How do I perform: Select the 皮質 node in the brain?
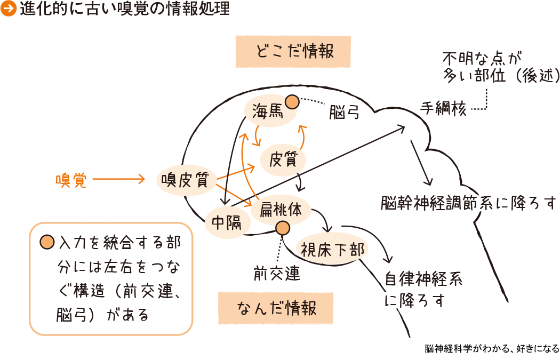point(283,159)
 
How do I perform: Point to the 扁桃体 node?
point(281,210)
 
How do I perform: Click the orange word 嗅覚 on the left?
point(70,180)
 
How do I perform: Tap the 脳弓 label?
point(344,113)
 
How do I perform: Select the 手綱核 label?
point(443,108)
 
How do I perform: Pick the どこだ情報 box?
point(293,52)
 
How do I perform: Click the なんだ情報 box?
point(276,308)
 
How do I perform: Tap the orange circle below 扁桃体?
point(282,228)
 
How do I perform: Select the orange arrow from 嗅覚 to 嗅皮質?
point(118,180)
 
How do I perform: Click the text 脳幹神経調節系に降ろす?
point(469,203)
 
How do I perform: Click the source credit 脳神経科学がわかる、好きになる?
point(492,349)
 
